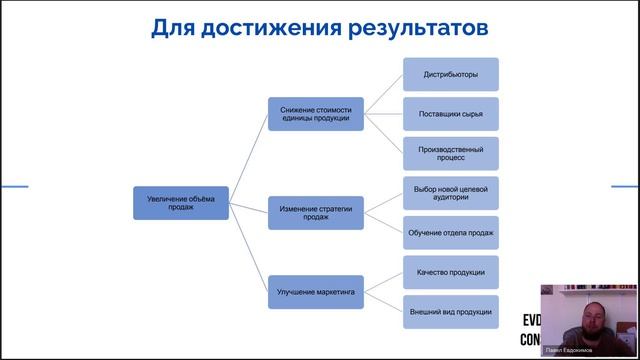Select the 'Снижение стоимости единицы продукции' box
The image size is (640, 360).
315,113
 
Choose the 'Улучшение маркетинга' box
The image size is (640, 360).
315,292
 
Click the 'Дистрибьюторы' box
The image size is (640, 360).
450,75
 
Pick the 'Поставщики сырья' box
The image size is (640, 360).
450,114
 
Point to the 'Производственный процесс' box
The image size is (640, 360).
450,152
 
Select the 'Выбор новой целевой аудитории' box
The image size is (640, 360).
450,193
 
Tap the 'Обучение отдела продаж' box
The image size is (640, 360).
450,232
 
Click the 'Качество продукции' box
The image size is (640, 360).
450,272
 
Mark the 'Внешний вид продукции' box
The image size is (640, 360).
450,311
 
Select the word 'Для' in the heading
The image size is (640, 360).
171,27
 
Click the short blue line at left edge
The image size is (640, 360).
13,187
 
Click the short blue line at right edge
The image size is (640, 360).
625,187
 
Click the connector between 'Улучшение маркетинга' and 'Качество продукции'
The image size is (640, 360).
381,282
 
